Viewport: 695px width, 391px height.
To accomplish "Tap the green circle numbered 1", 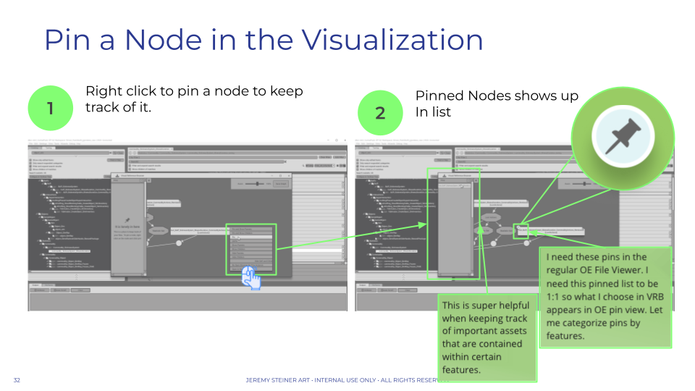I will pos(50,109).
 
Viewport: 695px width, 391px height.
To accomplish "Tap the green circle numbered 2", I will pos(381,114).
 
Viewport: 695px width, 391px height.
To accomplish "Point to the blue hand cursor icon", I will pos(251,278).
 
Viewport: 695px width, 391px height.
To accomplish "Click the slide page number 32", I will pos(17,380).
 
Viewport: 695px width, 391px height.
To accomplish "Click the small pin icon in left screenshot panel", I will pos(127,220).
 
